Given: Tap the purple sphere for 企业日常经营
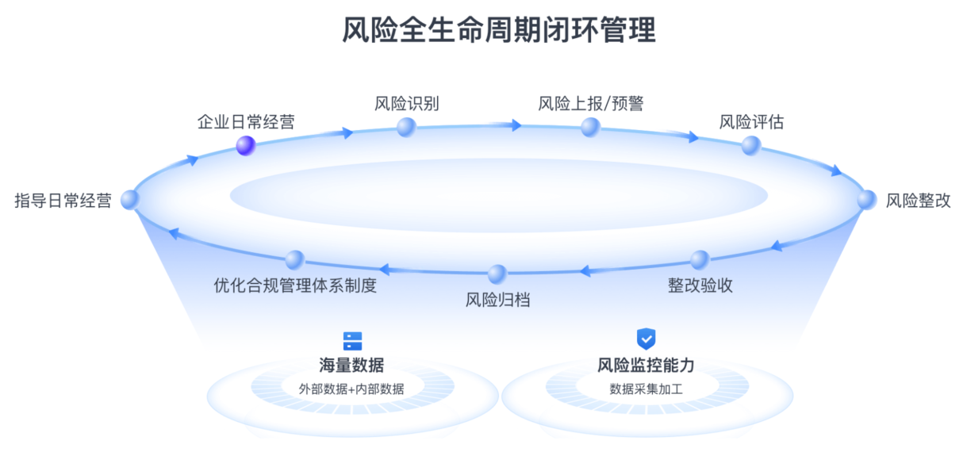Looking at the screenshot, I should tap(246, 145).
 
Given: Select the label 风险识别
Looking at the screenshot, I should tap(406, 104).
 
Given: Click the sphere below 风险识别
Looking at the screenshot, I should tap(406, 127).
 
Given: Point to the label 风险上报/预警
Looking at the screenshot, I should tap(590, 104).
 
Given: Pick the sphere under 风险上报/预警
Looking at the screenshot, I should tap(589, 127).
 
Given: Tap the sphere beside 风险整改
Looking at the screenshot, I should tap(866, 200).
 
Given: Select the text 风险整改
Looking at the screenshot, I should tap(918, 201).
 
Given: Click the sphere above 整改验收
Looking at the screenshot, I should tap(699, 260).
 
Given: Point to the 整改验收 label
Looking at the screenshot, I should tap(700, 285).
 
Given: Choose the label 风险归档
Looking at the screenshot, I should tap(497, 300).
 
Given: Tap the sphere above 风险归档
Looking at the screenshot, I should tap(497, 274).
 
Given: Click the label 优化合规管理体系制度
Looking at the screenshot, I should tap(295, 285).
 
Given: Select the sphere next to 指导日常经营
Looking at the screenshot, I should tap(130, 201).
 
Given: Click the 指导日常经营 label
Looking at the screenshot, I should tap(63, 201).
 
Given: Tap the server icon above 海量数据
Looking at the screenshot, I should tap(352, 341).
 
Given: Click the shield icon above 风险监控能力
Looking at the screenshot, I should tap(647, 339).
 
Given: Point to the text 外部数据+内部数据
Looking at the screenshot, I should tap(351, 389).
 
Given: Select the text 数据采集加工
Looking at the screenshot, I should tap(646, 389).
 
